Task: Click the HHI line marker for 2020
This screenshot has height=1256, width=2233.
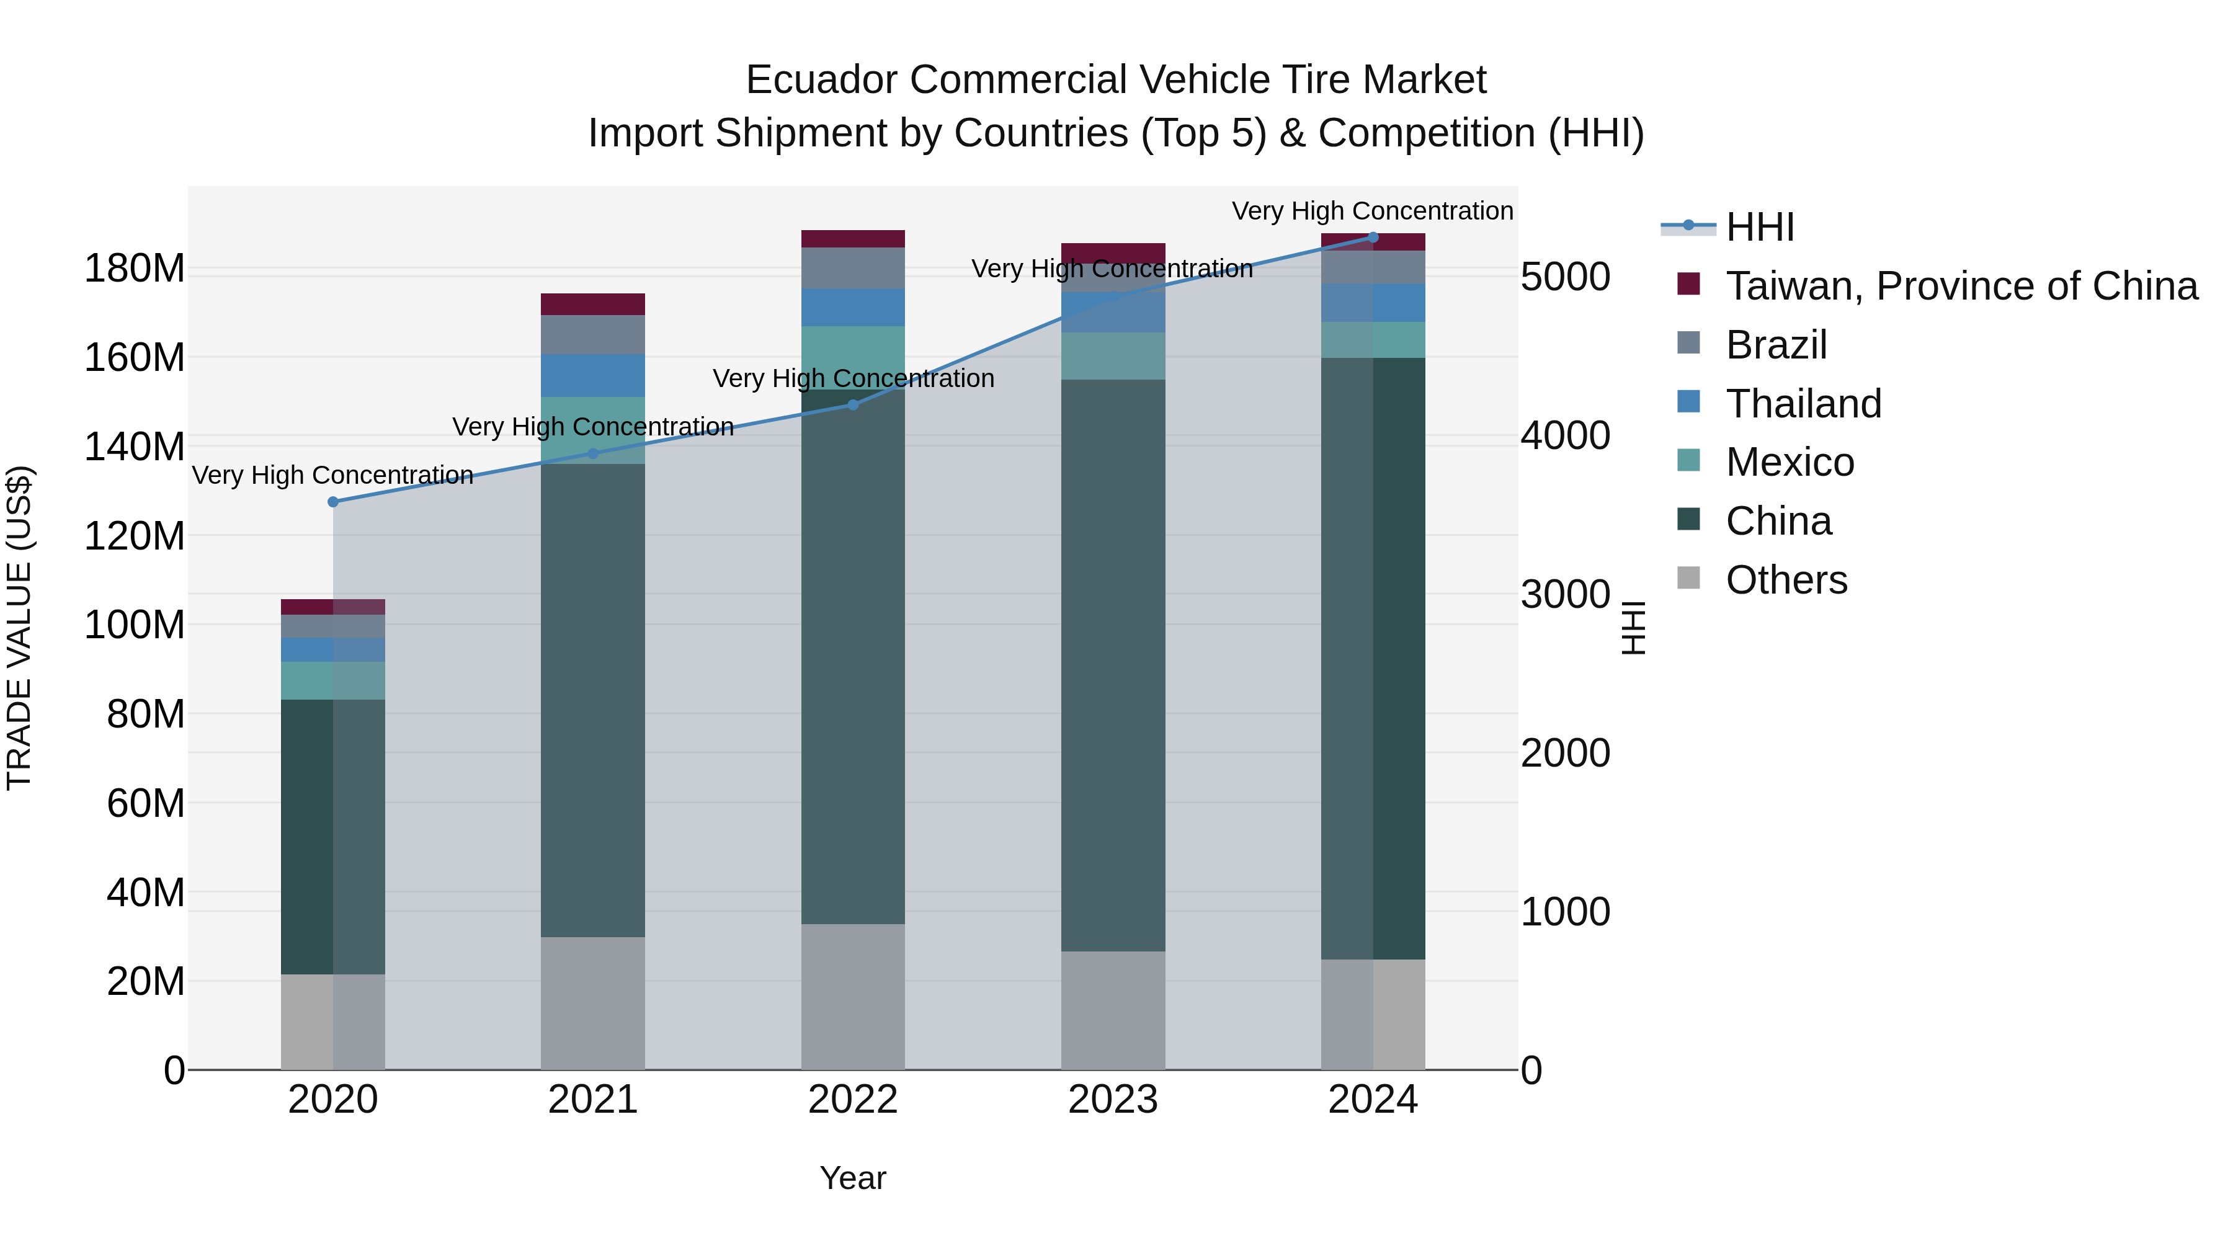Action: (333, 502)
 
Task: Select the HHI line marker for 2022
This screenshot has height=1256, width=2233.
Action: (853, 405)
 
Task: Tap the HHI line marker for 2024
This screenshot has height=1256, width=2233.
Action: (1373, 237)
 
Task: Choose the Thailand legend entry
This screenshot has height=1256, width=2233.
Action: (1803, 404)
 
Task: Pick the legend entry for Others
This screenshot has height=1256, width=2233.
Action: (1786, 580)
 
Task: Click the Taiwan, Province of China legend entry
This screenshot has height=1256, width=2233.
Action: (1961, 286)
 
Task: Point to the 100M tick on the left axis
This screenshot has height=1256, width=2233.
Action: (135, 625)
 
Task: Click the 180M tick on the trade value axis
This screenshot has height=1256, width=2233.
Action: (135, 269)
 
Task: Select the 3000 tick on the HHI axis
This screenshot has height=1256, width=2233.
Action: (1566, 595)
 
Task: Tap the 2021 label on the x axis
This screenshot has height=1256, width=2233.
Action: (593, 1100)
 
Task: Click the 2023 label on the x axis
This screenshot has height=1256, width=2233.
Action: (1113, 1100)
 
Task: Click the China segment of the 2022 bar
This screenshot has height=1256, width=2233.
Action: (853, 659)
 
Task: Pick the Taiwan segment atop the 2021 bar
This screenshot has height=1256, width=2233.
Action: (593, 305)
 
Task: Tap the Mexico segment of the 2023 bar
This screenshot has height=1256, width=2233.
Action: (1113, 356)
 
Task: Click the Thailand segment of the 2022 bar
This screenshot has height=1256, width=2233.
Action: (853, 308)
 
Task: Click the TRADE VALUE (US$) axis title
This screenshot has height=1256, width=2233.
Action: (19, 628)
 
